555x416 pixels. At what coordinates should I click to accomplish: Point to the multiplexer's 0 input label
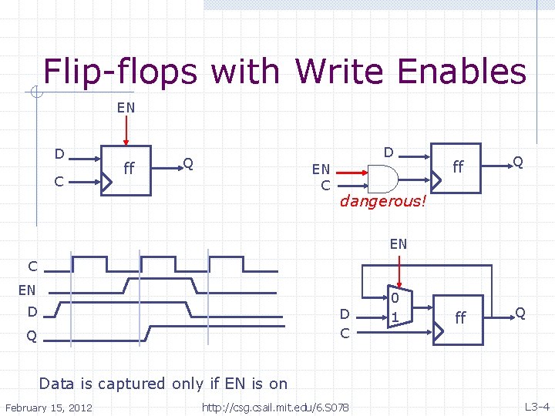click(394, 298)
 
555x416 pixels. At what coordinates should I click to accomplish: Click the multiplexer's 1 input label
click(395, 317)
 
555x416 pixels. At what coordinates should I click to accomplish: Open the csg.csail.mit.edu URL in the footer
click(274, 406)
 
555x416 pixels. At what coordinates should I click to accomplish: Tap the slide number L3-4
click(536, 406)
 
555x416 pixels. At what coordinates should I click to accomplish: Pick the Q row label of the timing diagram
click(32, 336)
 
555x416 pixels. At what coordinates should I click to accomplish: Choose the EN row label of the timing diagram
click(27, 290)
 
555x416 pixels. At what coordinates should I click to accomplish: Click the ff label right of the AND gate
click(458, 166)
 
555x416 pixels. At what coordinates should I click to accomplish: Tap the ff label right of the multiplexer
click(460, 317)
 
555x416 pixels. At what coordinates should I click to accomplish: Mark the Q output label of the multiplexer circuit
click(520, 313)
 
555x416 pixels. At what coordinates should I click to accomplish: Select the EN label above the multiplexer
click(398, 244)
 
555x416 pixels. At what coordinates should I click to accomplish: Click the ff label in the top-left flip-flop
click(129, 166)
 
